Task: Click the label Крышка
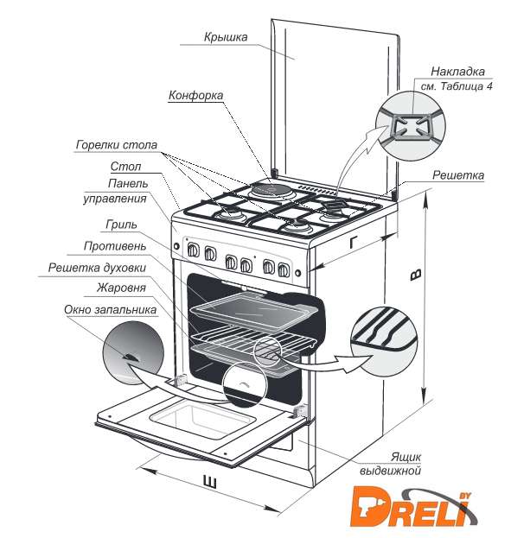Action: point(226,37)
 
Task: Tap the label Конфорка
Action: point(195,95)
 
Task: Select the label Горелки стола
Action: point(117,145)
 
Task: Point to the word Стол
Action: point(125,167)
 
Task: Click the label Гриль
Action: point(121,225)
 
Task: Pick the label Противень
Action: point(115,246)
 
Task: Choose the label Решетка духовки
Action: point(97,268)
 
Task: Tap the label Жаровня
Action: point(121,288)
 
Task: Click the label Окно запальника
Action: point(111,309)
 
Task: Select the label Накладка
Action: point(457,72)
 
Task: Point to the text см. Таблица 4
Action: point(457,86)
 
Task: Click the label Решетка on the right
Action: point(458,175)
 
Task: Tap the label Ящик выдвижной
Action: point(390,464)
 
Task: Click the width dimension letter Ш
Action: point(209,482)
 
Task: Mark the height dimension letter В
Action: point(416,275)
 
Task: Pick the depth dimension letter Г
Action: point(354,243)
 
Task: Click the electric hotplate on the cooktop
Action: point(271,189)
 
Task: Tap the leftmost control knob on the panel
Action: point(193,250)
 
